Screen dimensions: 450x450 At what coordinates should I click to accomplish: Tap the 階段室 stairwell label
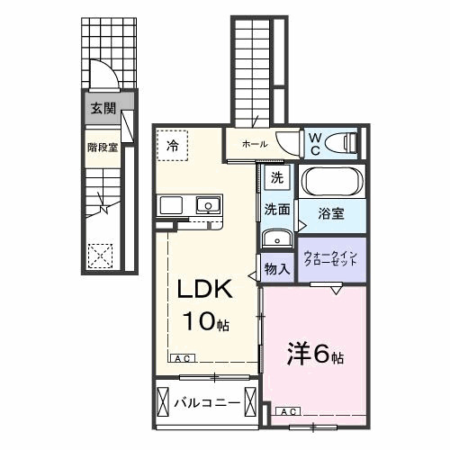click(103, 147)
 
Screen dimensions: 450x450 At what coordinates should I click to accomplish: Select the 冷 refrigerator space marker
click(172, 142)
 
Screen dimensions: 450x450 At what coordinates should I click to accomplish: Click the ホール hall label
click(253, 142)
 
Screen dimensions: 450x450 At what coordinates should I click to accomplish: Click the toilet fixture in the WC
click(342, 141)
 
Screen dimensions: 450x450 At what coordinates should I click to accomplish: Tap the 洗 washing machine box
click(278, 177)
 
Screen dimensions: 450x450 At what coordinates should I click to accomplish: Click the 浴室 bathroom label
click(330, 213)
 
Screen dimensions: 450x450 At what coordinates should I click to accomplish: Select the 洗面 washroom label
click(276, 210)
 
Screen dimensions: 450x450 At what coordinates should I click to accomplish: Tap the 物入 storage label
click(276, 267)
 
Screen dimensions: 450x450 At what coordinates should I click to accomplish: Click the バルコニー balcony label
click(206, 402)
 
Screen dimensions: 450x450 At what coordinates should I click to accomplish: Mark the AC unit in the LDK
click(181, 357)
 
